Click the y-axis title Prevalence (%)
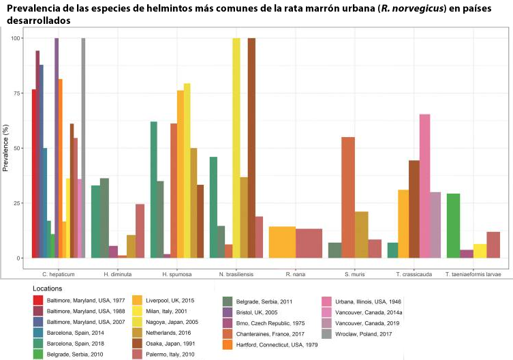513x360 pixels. click(x=6, y=149)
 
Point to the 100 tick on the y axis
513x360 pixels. click(x=16, y=38)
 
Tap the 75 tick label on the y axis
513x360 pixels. click(x=18, y=93)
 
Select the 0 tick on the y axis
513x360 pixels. click(x=20, y=258)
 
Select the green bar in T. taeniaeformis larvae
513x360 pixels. click(x=453, y=226)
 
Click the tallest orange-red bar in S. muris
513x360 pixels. click(x=348, y=198)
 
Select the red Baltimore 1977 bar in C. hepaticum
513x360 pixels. click(x=34, y=174)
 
